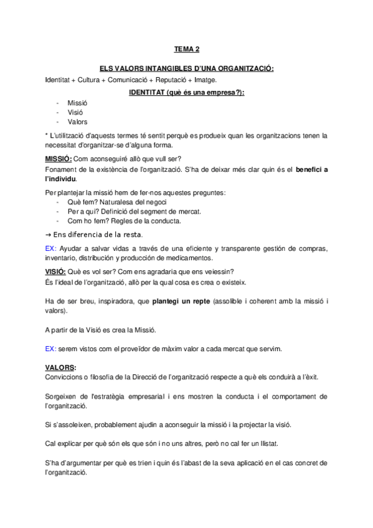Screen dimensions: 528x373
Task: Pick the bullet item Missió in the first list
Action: coord(78,102)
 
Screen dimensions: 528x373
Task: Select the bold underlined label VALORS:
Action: coord(61,367)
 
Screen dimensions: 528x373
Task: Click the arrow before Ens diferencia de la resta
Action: coord(49,235)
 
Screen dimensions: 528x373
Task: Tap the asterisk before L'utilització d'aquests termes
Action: coord(47,135)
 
